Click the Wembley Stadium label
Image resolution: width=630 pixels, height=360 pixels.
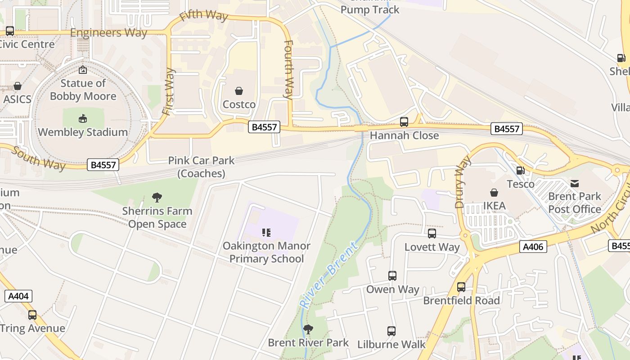click(x=83, y=132)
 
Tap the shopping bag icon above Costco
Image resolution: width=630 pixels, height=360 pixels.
click(x=239, y=91)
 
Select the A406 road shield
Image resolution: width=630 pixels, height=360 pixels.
click(x=533, y=247)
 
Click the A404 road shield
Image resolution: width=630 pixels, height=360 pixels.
click(x=18, y=296)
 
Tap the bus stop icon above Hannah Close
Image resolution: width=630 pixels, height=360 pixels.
click(x=404, y=122)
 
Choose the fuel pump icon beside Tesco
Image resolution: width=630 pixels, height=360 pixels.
click(x=520, y=171)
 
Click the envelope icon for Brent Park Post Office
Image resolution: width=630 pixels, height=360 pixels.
click(x=575, y=183)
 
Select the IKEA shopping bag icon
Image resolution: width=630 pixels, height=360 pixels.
click(x=494, y=193)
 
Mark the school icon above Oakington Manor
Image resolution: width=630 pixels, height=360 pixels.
click(x=266, y=233)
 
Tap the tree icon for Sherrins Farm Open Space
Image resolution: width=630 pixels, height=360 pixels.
click(x=157, y=197)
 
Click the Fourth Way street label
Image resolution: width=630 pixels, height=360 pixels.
click(x=288, y=69)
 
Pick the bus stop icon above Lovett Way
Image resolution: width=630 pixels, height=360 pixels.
click(x=432, y=234)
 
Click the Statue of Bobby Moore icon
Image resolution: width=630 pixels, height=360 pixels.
click(x=83, y=70)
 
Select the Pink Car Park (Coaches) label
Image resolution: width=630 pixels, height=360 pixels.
click(x=201, y=167)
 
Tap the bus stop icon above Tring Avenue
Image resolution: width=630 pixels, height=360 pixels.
click(x=32, y=315)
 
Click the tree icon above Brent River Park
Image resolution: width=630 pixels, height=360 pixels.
click(x=308, y=329)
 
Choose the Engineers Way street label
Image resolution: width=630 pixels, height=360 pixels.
click(x=108, y=33)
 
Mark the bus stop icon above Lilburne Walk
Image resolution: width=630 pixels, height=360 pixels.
click(x=391, y=331)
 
